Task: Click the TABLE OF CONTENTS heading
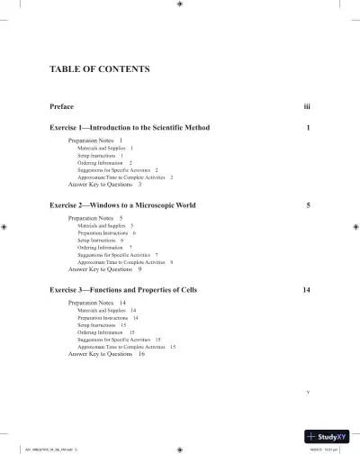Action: [99, 69]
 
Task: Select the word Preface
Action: [62, 107]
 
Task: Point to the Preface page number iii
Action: [307, 107]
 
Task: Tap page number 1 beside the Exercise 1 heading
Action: [309, 128]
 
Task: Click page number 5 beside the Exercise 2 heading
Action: [309, 205]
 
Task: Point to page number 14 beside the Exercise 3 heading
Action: [307, 290]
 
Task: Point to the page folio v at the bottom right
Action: [308, 392]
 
